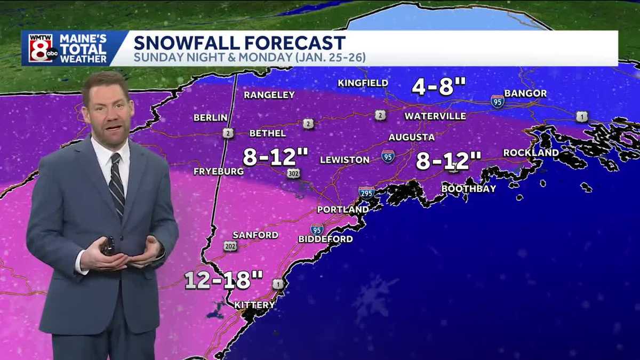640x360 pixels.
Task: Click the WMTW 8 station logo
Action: [x=41, y=48]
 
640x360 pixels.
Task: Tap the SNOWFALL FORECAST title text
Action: [x=239, y=43]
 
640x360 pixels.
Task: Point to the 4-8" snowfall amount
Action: [x=438, y=86]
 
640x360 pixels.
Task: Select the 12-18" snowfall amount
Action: [x=224, y=280]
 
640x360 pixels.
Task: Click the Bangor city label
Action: [x=525, y=93]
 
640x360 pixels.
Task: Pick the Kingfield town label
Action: [x=363, y=83]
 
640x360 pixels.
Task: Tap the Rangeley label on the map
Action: [x=269, y=95]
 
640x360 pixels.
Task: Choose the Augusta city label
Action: [x=411, y=137]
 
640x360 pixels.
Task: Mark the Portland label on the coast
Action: [x=342, y=210]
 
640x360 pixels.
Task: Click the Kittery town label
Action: [x=255, y=305]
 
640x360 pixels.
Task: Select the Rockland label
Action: [x=531, y=153]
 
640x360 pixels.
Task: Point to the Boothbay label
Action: [x=469, y=188]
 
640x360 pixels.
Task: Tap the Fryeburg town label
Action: [x=219, y=171]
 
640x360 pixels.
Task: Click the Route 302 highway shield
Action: [x=293, y=173]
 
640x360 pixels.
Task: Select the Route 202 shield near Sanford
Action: [x=230, y=246]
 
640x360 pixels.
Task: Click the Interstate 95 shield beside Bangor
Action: [x=498, y=101]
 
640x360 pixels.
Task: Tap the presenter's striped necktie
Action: [x=116, y=184]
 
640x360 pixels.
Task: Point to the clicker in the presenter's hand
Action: [x=109, y=246]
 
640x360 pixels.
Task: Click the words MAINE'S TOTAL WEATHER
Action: [x=83, y=49]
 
